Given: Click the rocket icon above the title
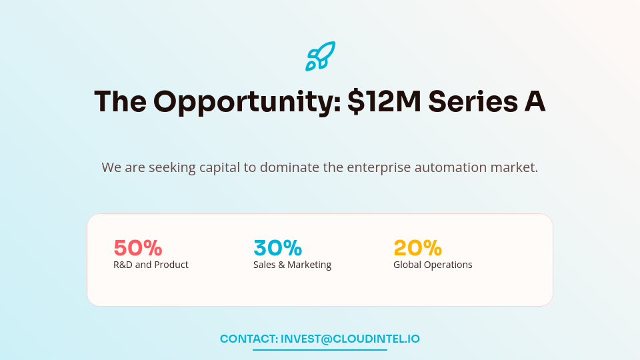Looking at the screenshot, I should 320,56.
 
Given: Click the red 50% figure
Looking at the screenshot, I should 138,248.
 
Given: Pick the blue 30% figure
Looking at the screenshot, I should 278,248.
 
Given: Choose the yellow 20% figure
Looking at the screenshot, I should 418,248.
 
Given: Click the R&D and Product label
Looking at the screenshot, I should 151,265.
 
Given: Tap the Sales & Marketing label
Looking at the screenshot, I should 292,265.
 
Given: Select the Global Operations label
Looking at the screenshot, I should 433,265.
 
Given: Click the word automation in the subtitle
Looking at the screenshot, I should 450,167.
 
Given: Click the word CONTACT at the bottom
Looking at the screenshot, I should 249,339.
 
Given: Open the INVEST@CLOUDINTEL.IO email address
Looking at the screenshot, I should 350,339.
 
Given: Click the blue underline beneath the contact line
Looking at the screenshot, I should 320,349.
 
